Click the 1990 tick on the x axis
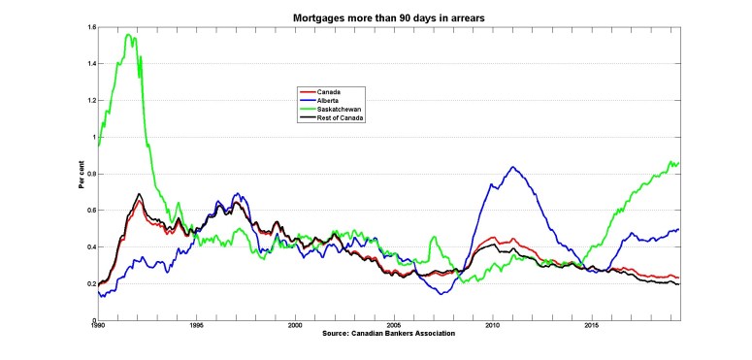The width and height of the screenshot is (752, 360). [x=97, y=326]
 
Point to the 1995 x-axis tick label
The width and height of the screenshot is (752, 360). [x=196, y=326]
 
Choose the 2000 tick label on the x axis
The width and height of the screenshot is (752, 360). [x=295, y=326]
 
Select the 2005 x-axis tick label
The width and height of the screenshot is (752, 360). [x=394, y=326]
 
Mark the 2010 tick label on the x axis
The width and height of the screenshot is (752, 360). [x=493, y=326]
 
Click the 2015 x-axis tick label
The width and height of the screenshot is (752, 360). [x=592, y=326]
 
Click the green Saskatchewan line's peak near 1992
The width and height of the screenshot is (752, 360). [x=129, y=35]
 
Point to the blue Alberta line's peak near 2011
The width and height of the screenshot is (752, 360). [x=513, y=167]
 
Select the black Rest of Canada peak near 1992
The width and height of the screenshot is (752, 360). [x=140, y=194]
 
